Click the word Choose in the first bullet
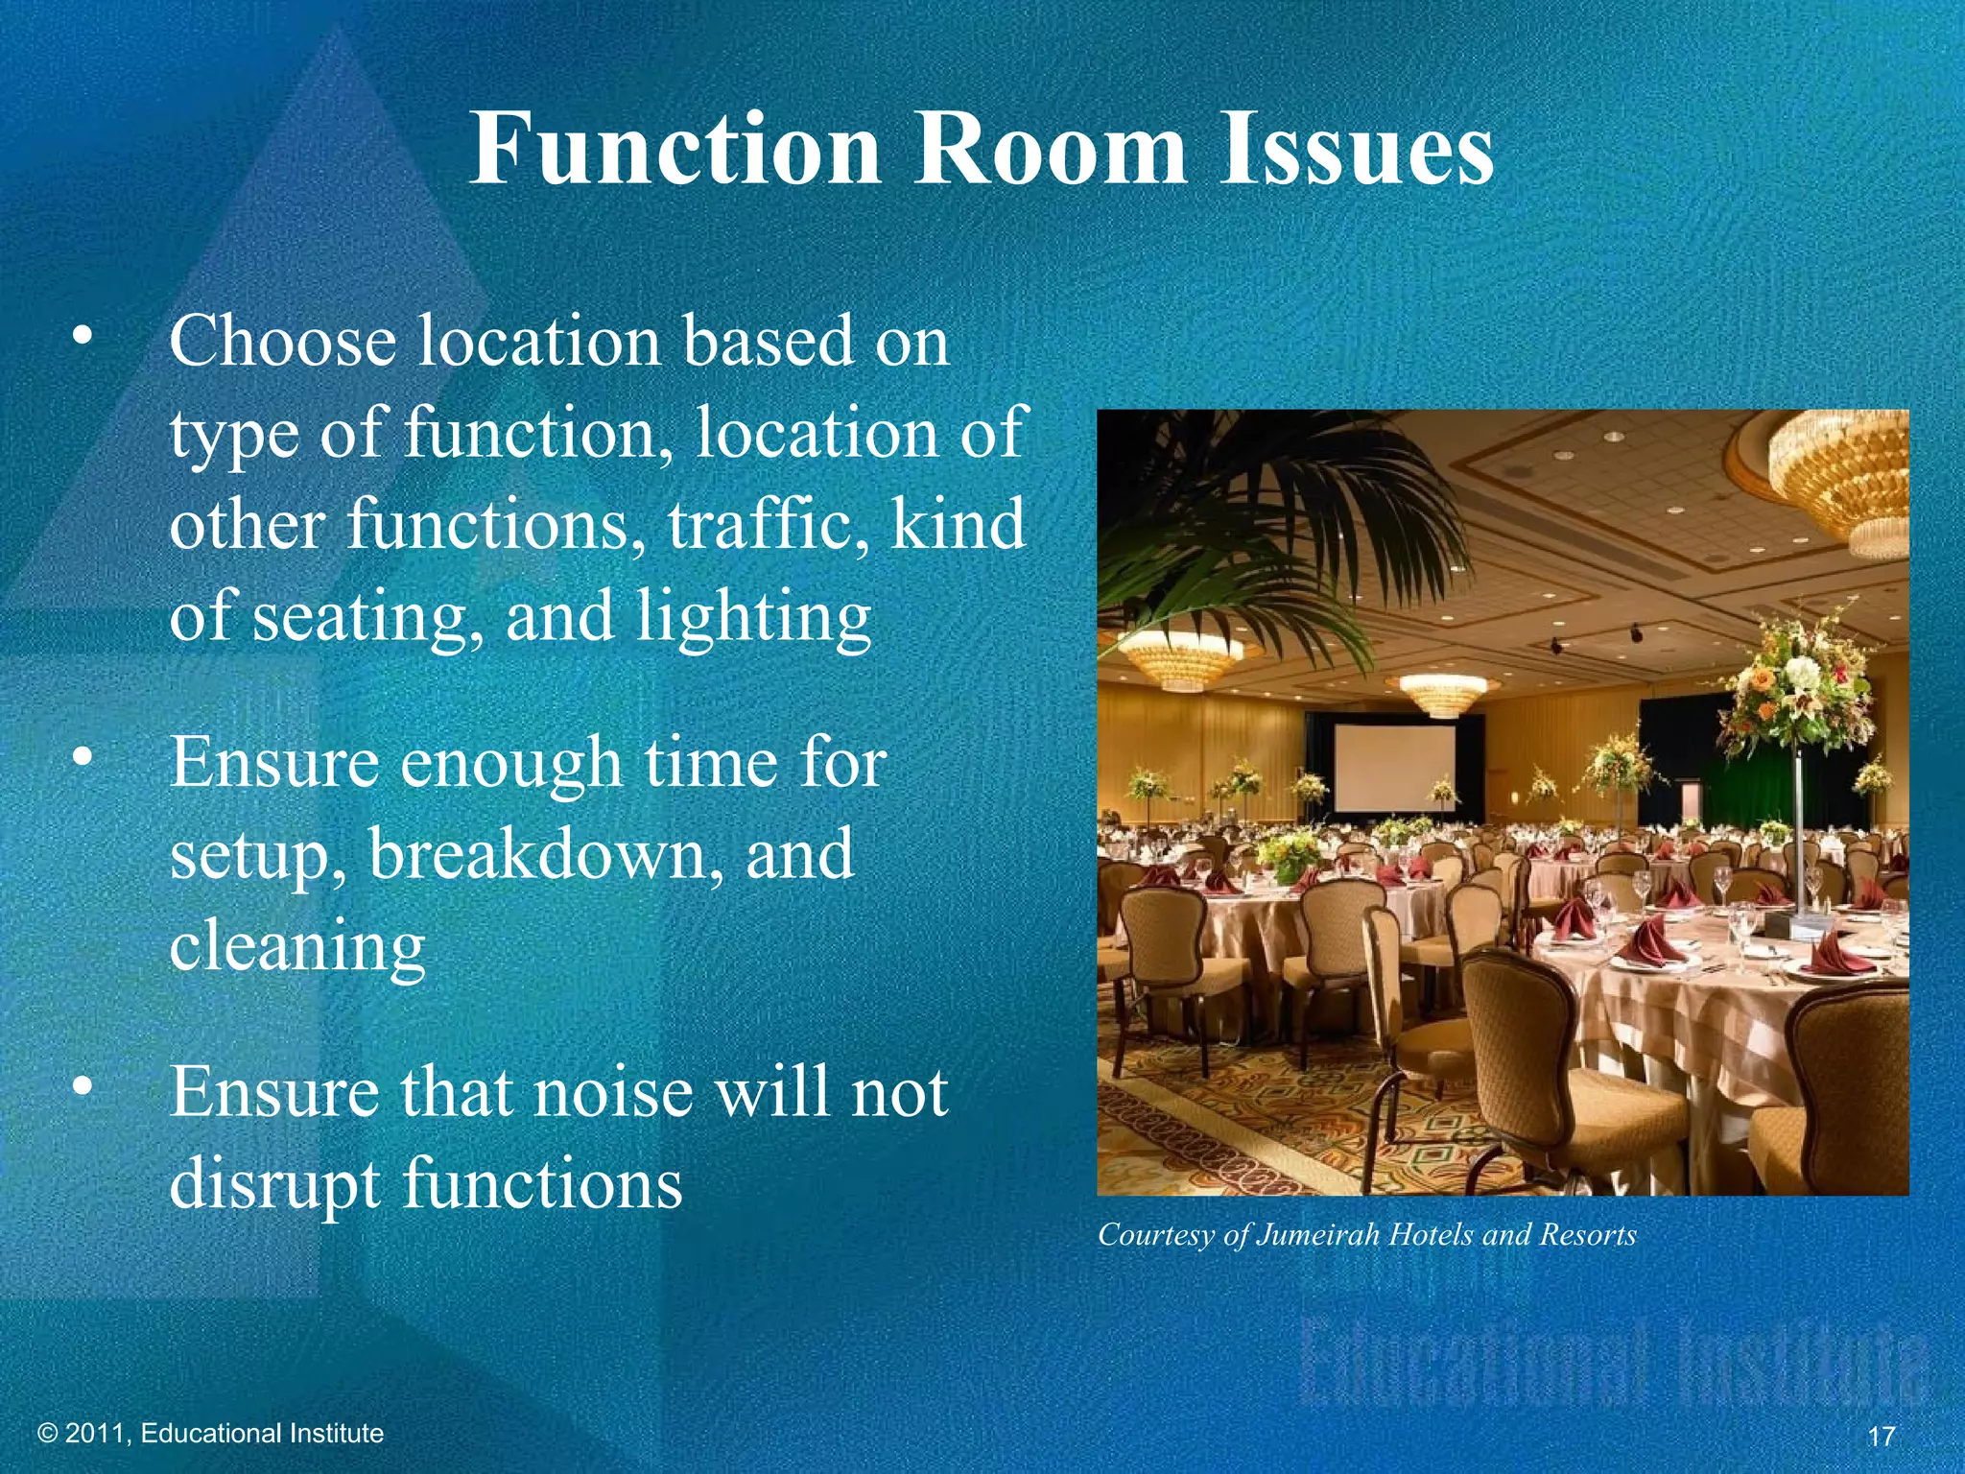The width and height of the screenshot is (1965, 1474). tap(282, 342)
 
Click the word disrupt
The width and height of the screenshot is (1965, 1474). tap(275, 1183)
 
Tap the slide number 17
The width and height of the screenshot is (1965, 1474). tap(1882, 1437)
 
